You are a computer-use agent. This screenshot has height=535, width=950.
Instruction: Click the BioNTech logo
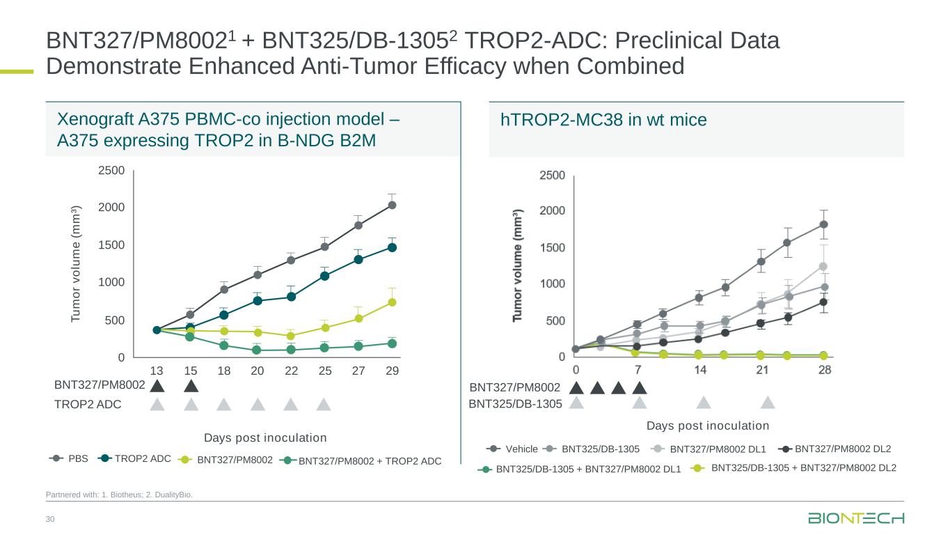click(856, 519)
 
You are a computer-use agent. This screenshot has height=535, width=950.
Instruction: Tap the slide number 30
click(49, 519)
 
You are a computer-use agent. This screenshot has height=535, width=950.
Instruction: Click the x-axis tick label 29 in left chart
click(392, 371)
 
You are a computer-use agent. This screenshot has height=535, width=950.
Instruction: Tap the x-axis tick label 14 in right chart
click(700, 370)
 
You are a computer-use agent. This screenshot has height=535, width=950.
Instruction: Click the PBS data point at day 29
click(393, 205)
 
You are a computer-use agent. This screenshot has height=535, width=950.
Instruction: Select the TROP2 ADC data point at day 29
click(393, 247)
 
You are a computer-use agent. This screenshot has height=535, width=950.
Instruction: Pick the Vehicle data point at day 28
click(823, 224)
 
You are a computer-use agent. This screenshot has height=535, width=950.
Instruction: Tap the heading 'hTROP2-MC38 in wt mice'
click(603, 121)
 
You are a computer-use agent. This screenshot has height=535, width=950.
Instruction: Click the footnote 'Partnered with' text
click(118, 495)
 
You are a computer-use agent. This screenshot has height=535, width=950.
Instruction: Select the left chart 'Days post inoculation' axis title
click(264, 437)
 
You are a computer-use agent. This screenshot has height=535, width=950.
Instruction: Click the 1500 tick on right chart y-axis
click(553, 248)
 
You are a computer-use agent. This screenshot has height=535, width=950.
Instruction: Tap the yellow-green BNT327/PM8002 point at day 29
click(393, 302)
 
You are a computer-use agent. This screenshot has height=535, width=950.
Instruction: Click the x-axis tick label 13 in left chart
click(157, 371)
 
